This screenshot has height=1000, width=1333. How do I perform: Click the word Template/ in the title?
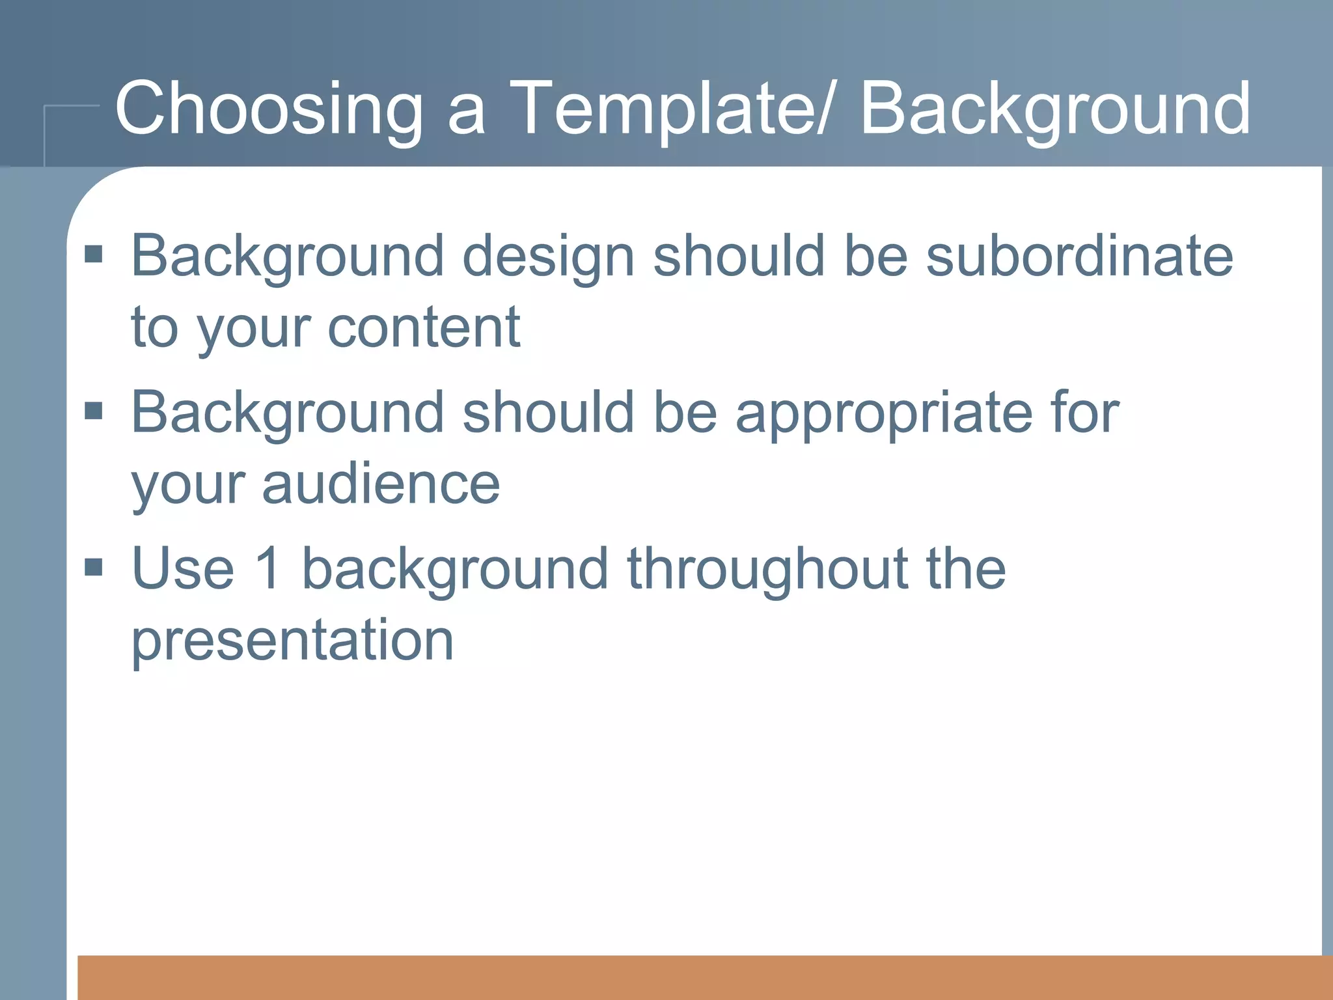(x=670, y=109)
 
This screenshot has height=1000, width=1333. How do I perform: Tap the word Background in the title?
(x=1054, y=109)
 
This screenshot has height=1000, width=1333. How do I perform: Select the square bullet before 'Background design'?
(x=94, y=254)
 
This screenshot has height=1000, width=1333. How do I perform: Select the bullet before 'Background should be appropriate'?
(x=94, y=411)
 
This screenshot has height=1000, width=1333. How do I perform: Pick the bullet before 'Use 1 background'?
(x=94, y=567)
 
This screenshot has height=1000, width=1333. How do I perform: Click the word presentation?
(x=292, y=642)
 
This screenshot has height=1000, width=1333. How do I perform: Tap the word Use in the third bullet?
(x=182, y=568)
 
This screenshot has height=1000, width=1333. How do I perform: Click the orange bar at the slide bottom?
(x=703, y=977)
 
